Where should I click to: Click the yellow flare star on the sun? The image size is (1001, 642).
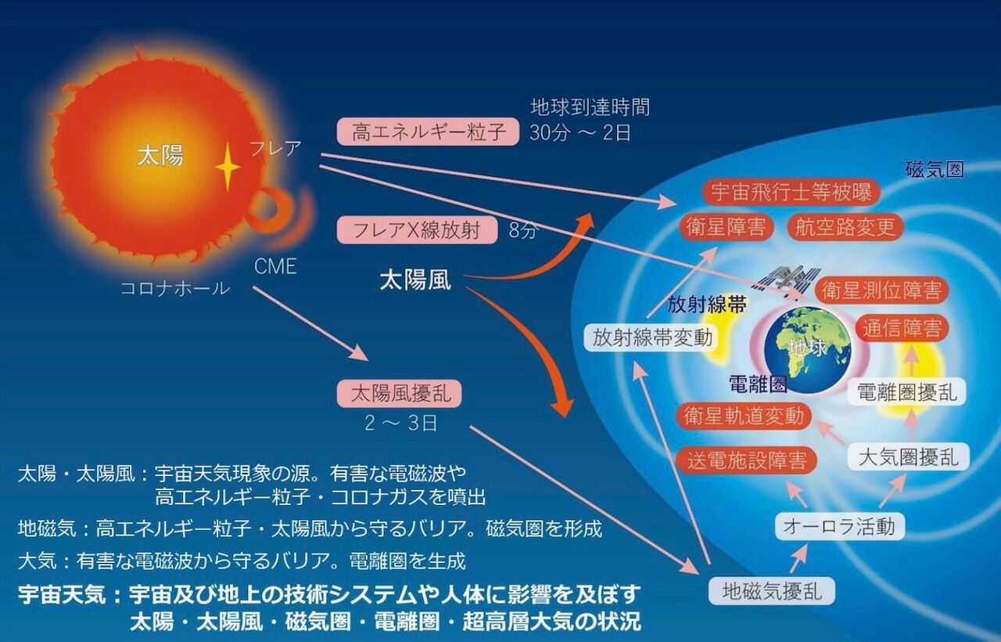pos(228,168)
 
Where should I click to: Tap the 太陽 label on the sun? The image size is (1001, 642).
pos(160,156)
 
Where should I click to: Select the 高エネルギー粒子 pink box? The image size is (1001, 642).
pos(428,132)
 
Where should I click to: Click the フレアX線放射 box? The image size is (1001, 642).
pos(417,230)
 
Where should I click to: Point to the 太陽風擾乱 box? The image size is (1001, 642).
pos(399,393)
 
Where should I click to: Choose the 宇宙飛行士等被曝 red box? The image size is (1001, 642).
pos(791,193)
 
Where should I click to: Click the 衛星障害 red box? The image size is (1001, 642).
pos(727,227)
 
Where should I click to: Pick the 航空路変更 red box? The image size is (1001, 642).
pos(845,227)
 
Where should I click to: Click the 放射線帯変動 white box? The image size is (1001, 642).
pos(652,337)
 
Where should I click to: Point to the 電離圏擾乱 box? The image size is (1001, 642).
pos(907,392)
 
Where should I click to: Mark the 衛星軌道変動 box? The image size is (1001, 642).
pos(744,416)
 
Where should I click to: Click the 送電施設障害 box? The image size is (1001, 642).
pos(747,460)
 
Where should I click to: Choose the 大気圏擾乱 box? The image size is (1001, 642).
pos(909,456)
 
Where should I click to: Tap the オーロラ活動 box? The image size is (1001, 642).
pos(840,526)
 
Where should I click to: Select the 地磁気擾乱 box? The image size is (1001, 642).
pos(772,591)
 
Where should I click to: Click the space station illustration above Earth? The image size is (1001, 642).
pos(787,278)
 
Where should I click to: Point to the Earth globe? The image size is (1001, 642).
pos(808,350)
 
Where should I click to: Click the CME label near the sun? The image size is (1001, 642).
pos(275,266)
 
